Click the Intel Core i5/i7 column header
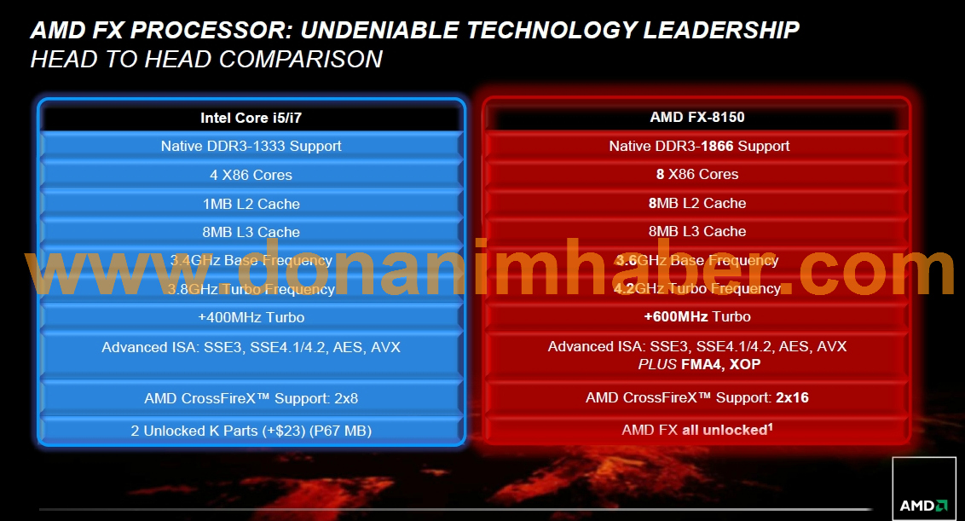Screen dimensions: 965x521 pyautogui.click(x=251, y=118)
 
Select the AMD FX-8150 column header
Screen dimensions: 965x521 pyautogui.click(x=697, y=117)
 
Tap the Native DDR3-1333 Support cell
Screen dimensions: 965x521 pyautogui.click(x=251, y=146)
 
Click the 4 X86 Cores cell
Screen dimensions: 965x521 pyautogui.click(x=251, y=175)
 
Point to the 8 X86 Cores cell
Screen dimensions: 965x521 pyautogui.click(x=697, y=174)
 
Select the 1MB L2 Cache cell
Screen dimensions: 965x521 pyautogui.click(x=251, y=204)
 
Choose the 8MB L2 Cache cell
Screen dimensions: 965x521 pyautogui.click(x=697, y=203)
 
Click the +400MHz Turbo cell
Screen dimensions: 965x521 pyautogui.click(x=251, y=317)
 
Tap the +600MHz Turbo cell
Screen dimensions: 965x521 pyautogui.click(x=697, y=316)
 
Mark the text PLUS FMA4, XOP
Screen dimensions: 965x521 pyautogui.click(x=699, y=365)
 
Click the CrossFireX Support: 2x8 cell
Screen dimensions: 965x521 pyautogui.click(x=251, y=398)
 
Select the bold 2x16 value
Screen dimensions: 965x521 pyautogui.click(x=792, y=398)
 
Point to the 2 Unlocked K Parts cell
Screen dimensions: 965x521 pyautogui.click(x=251, y=431)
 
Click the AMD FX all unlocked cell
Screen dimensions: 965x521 pyautogui.click(x=697, y=430)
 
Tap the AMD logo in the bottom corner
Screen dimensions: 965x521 pyautogui.click(x=924, y=489)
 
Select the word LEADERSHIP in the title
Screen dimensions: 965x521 pyautogui.click(x=721, y=30)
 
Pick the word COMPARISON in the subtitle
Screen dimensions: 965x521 pyautogui.click(x=301, y=59)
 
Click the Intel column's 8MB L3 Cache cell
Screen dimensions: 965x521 pyautogui.click(x=251, y=232)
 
